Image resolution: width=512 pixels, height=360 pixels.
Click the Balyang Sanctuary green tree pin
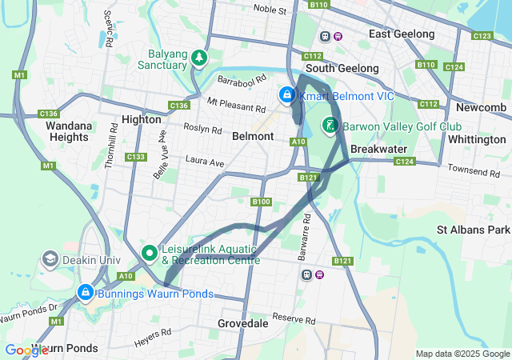tap(197, 58)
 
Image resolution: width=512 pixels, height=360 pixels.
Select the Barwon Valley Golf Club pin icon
tap(330, 126)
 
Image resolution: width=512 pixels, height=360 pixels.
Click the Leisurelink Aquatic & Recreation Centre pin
tap(149, 253)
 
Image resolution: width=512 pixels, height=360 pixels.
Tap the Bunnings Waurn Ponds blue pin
tap(84, 293)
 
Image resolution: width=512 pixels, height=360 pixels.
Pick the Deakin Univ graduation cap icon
tap(50, 259)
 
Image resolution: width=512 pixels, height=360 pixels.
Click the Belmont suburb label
tap(253, 137)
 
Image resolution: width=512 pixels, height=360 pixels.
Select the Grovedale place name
tap(244, 324)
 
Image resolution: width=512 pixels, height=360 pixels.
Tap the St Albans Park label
tap(473, 230)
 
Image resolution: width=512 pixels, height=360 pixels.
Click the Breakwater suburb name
tap(379, 150)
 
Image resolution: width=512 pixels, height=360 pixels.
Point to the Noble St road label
tap(270, 10)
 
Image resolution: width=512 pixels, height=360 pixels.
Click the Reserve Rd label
tap(289, 318)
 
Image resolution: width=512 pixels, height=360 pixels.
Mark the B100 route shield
tap(261, 202)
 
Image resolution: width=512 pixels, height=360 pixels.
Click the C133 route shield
tap(135, 157)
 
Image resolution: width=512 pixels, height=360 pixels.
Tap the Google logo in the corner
tap(26, 350)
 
